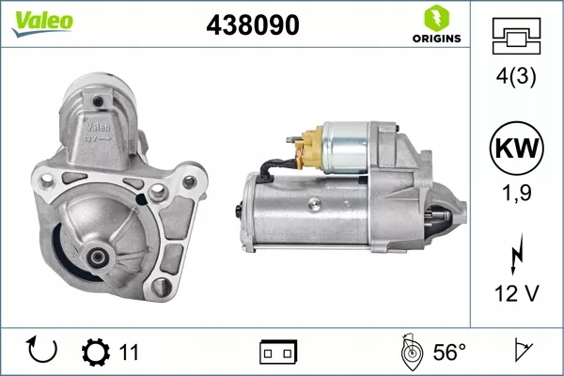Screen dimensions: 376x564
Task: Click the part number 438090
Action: (x=252, y=26)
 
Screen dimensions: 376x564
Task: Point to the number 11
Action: (x=130, y=352)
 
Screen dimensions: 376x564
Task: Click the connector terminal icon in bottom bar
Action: (x=277, y=352)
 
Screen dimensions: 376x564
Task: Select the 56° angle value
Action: (x=449, y=352)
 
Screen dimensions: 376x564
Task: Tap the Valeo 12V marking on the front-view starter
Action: (x=98, y=133)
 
